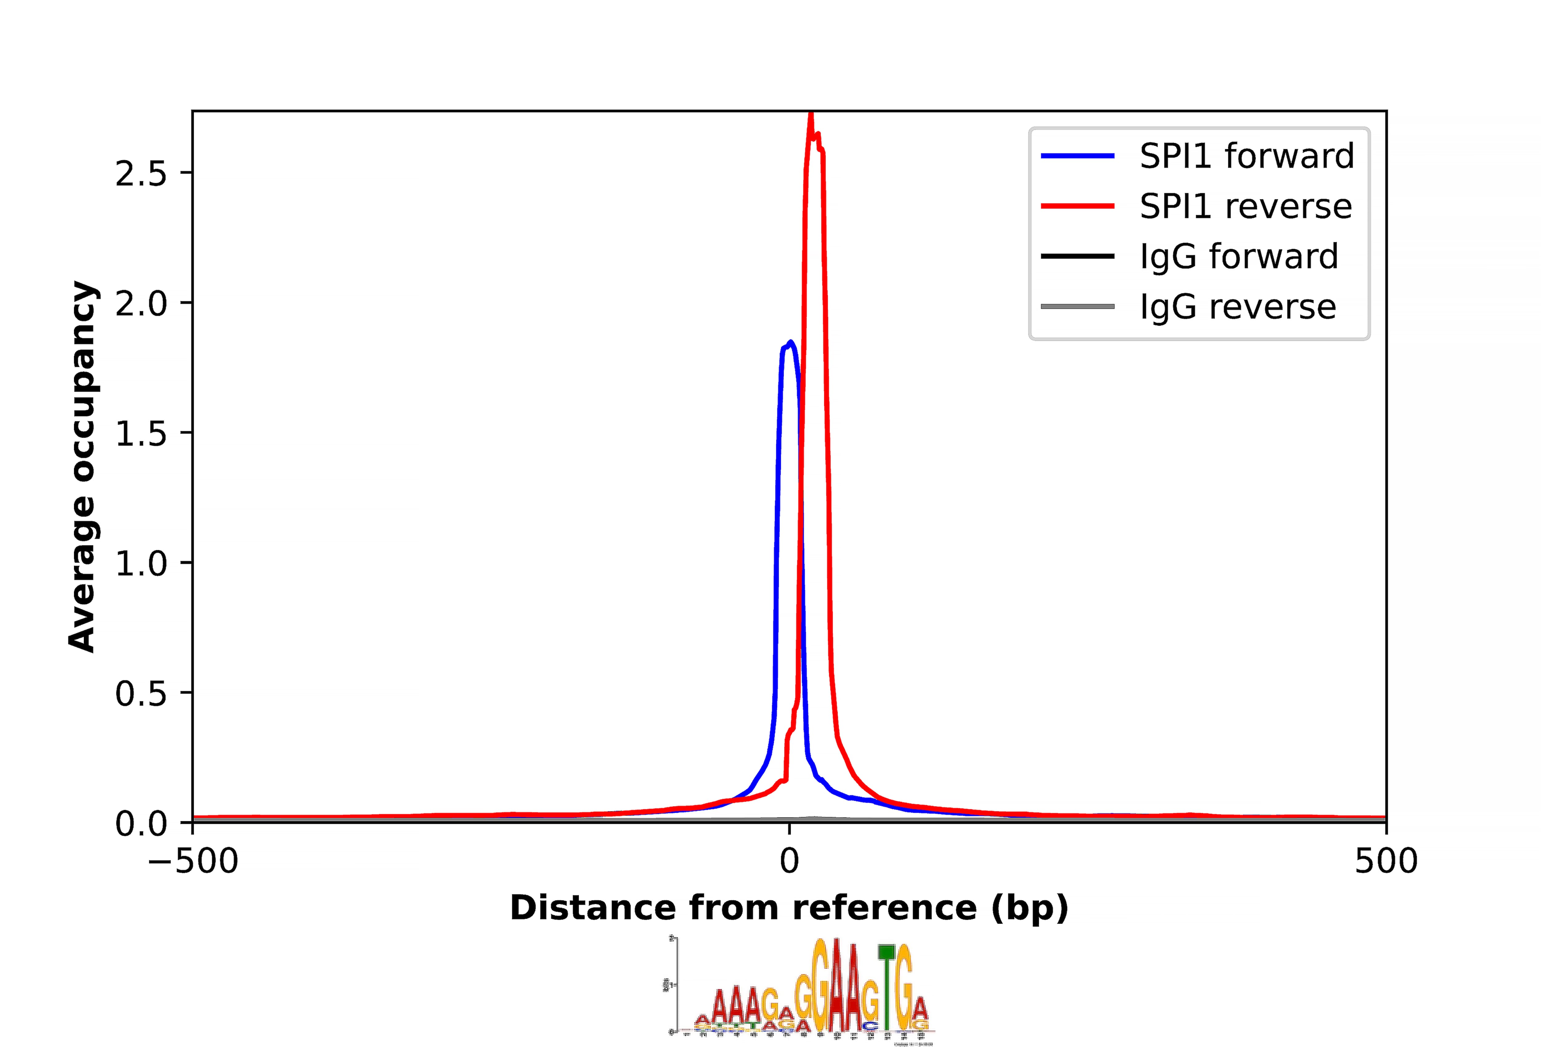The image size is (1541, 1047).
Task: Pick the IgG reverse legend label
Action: point(1237,307)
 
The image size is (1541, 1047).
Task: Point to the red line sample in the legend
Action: point(1077,206)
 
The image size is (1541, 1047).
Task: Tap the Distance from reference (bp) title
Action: point(789,908)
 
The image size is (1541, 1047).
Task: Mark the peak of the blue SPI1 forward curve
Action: point(791,342)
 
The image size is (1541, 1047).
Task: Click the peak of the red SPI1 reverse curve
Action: point(810,114)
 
